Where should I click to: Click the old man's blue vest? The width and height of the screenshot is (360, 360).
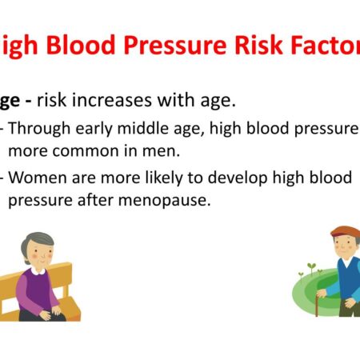click(x=347, y=276)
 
